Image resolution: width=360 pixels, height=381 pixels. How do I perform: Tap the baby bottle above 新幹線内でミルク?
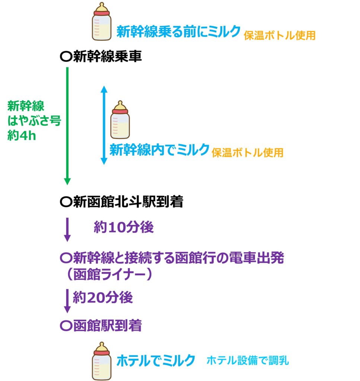tap(120, 120)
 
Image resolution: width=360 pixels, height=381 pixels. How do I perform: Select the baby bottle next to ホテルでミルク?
tap(102, 361)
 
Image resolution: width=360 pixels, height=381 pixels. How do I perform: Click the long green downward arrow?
tap(67, 126)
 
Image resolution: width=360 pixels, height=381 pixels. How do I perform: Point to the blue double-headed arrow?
tap(104, 125)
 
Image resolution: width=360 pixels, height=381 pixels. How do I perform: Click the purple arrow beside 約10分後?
tap(67, 229)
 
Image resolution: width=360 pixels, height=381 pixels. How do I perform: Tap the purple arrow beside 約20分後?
tap(67, 301)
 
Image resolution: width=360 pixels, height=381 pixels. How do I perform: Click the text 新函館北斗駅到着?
tap(128, 201)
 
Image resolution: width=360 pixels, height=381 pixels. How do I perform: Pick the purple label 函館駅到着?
tap(107, 326)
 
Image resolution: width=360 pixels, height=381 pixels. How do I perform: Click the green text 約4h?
tap(22, 135)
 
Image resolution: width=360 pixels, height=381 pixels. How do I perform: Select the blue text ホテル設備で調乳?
tap(248, 360)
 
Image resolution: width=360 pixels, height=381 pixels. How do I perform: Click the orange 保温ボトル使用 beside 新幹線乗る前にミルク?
tap(280, 35)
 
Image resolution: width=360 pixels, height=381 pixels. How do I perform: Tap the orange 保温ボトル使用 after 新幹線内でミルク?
tap(248, 153)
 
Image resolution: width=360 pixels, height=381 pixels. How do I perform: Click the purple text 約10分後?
tap(124, 227)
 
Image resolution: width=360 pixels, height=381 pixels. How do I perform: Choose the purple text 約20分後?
tap(103, 297)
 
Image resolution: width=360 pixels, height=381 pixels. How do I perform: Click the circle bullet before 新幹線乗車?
tap(66, 57)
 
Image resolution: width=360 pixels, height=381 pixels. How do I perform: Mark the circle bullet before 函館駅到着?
tap(66, 326)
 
